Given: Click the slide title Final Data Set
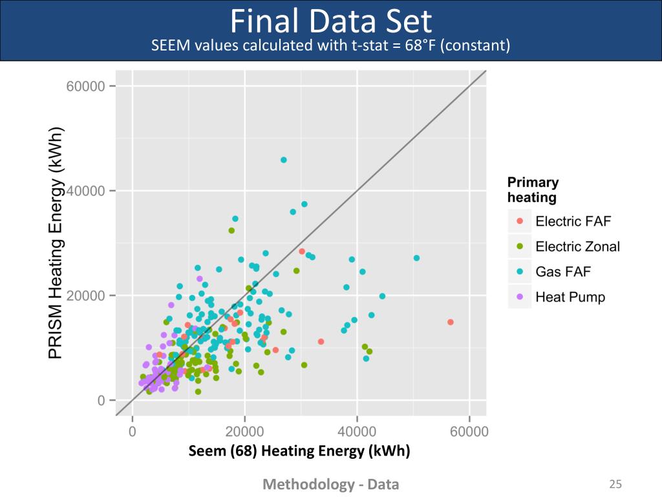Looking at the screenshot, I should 330,22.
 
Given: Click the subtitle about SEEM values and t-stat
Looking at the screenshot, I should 330,46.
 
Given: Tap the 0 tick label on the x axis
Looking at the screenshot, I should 133,431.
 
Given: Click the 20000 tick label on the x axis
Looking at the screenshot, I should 244,431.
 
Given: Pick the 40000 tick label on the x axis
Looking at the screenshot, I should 357,431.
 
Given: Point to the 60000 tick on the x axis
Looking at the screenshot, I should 469,431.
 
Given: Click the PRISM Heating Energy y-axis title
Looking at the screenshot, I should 57,245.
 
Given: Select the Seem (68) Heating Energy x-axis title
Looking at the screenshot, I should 299,451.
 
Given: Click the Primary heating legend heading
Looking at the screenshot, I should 533,190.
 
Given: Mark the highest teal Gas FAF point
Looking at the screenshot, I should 284,160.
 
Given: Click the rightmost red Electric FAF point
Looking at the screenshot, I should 451,322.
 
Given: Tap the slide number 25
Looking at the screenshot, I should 615,484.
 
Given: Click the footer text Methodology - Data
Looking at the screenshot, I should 330,484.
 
